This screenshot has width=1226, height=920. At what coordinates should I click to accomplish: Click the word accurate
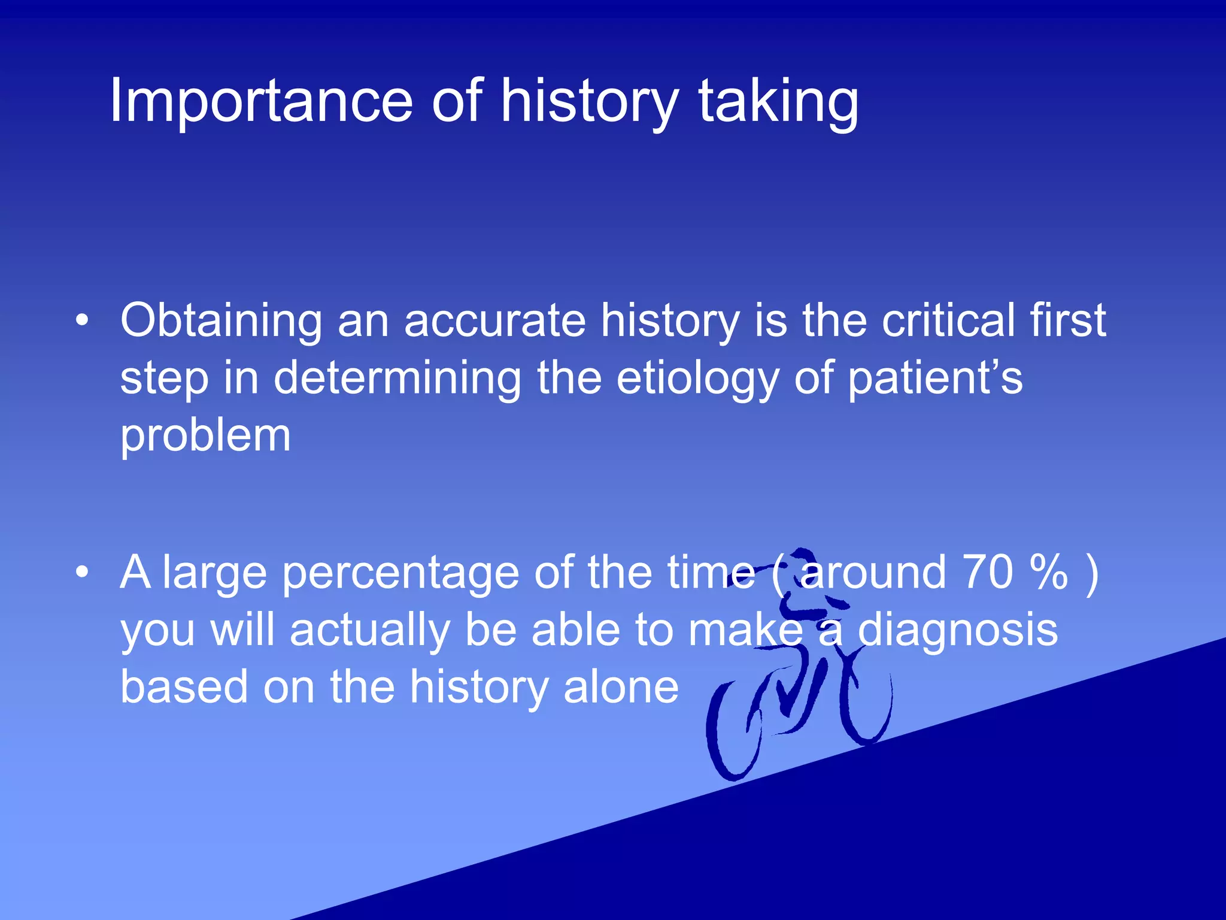494,321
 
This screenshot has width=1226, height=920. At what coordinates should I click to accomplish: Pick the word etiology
697,379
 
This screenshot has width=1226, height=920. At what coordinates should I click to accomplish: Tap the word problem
205,436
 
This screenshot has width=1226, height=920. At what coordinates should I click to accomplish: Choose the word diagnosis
958,631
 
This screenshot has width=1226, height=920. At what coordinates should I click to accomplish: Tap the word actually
369,631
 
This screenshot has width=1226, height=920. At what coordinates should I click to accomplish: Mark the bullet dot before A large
82,573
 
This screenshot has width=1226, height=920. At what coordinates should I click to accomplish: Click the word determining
397,379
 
